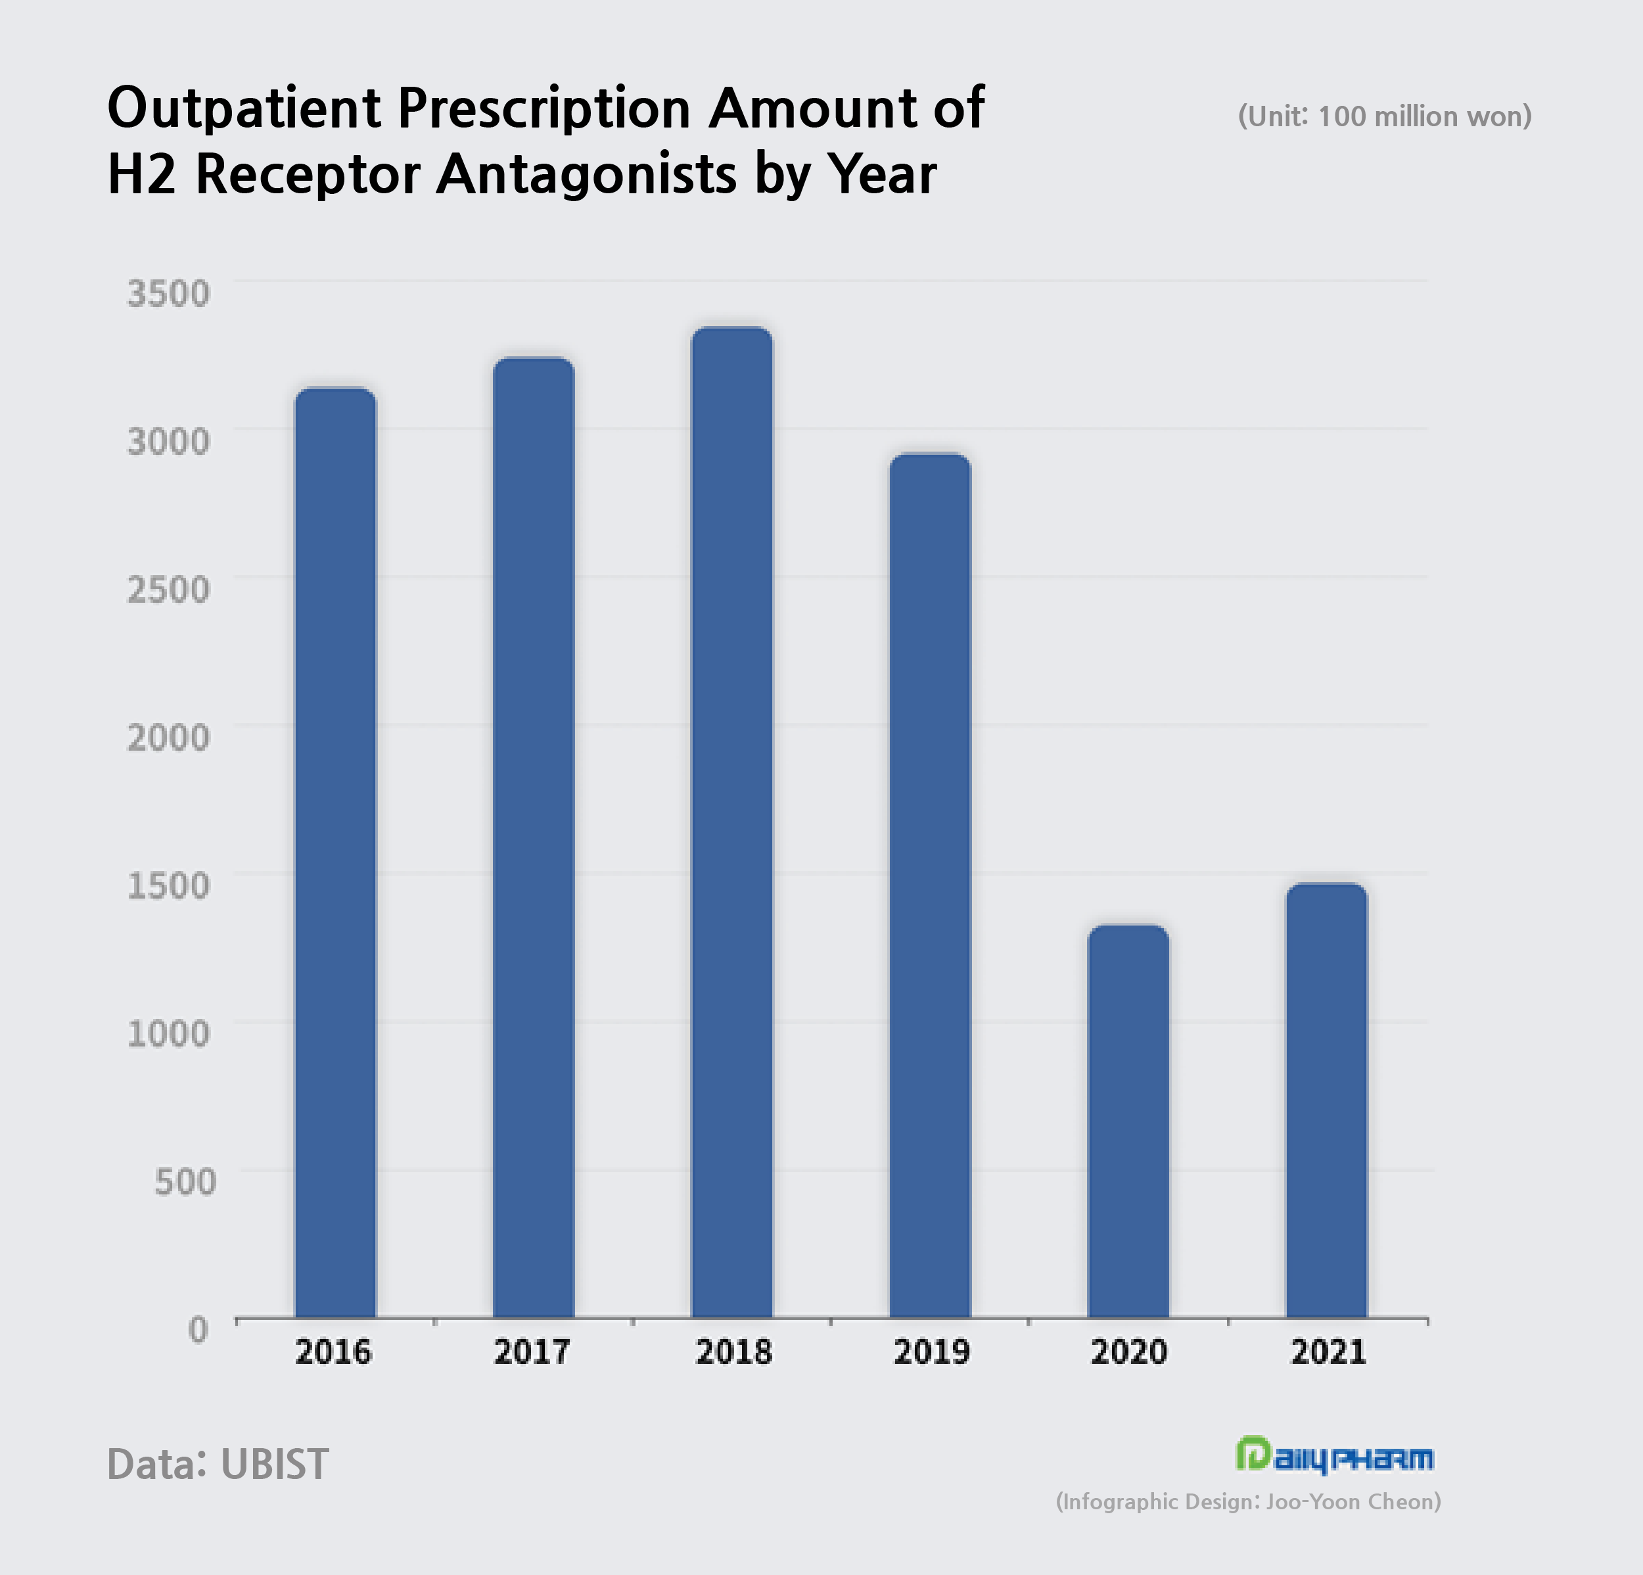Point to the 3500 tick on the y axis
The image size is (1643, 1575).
tap(168, 294)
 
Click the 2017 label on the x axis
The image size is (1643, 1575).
tap(532, 1352)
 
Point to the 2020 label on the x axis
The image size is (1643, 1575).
tap(1128, 1352)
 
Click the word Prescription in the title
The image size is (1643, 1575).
tap(544, 109)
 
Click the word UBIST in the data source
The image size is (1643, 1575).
tap(274, 1463)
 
